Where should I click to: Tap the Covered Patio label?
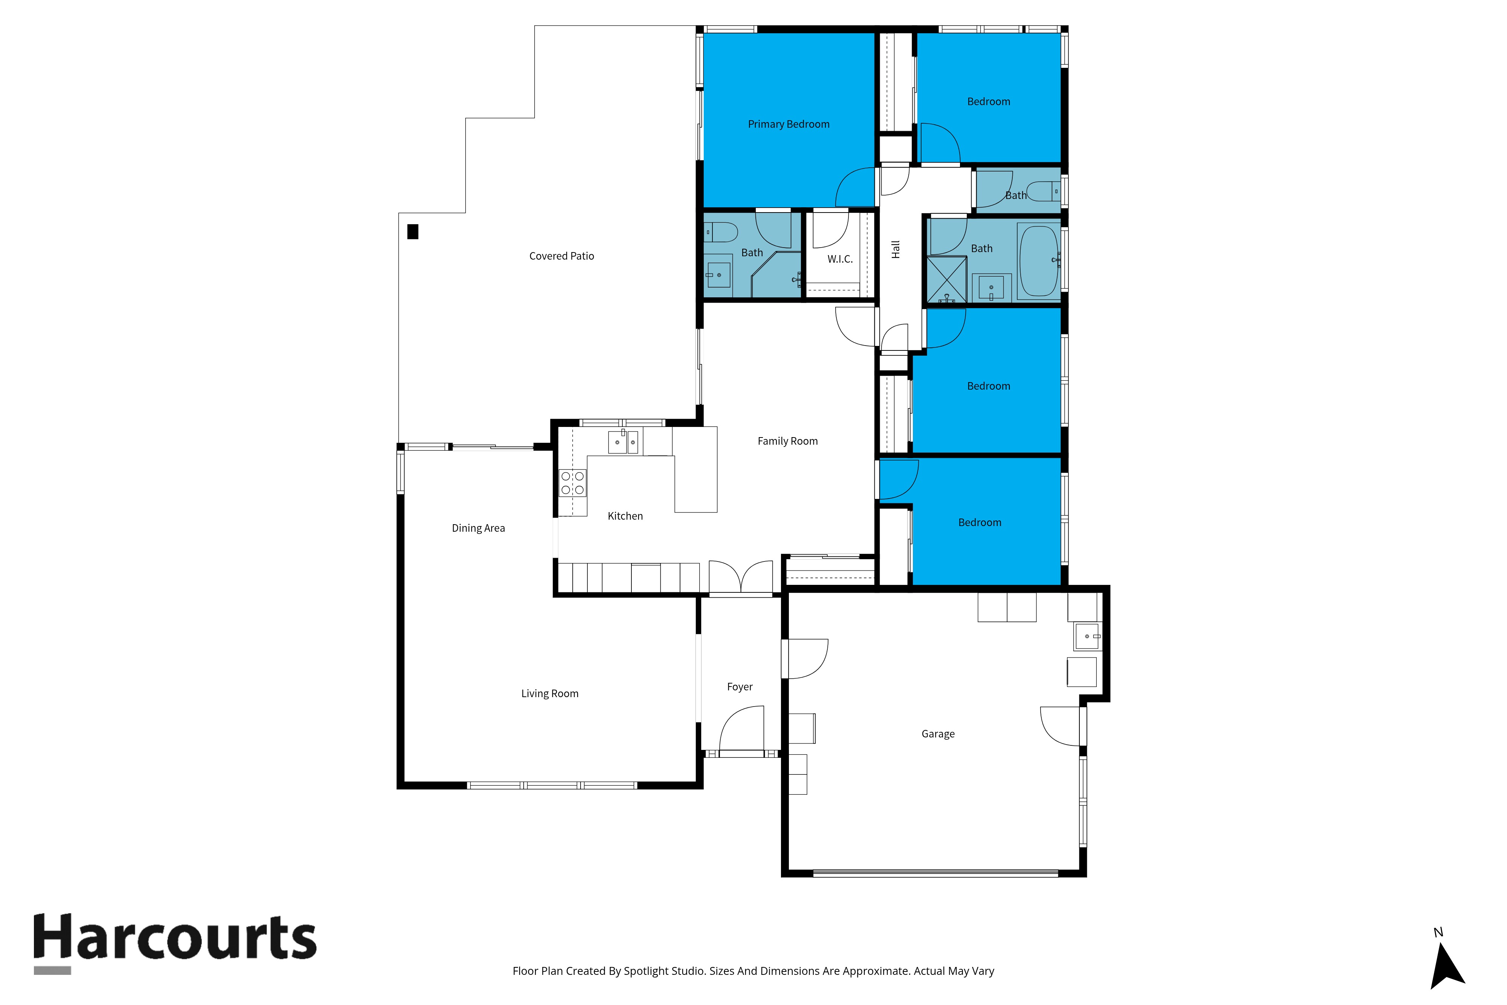561,256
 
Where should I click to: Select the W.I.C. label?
839,259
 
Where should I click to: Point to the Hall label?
896,249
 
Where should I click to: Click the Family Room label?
787,441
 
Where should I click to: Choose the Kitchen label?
625,516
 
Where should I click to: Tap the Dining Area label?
478,528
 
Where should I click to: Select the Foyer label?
740,687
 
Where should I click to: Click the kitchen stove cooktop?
572,483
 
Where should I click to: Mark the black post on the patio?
413,231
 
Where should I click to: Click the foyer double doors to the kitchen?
741,577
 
